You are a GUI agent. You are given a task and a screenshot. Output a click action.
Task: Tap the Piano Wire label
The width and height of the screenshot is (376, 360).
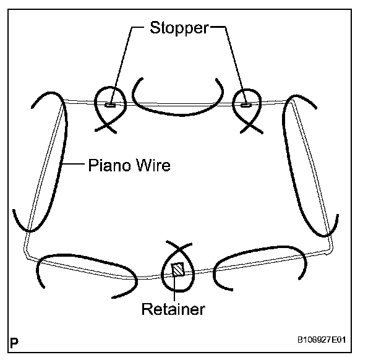[129, 166]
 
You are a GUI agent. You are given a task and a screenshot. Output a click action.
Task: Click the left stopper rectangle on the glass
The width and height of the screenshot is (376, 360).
[111, 105]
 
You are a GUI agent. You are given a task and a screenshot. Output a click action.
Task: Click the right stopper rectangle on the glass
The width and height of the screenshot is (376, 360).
[246, 105]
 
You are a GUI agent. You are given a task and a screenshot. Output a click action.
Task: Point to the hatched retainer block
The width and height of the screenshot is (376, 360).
[178, 270]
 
